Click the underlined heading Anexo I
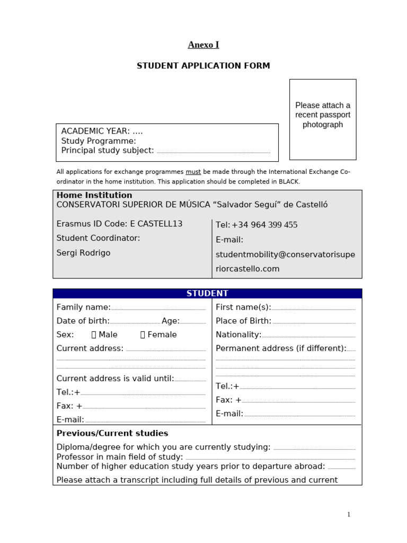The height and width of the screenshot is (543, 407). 203,45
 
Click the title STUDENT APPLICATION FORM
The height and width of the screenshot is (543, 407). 203,66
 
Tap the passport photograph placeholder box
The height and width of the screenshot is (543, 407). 323,119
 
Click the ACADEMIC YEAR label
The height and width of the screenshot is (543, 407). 95,132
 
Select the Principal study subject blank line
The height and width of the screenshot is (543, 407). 213,152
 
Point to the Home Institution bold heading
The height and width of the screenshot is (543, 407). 94,195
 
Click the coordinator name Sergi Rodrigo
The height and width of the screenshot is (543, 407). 83,253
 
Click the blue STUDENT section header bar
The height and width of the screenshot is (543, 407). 207,293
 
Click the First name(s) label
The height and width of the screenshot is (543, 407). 243,307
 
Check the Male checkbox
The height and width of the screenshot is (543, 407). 94,335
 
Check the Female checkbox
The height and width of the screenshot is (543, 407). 143,335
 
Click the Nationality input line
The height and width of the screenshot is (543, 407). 308,336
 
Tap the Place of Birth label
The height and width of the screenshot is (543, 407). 243,321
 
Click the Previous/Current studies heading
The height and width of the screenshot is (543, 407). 112,433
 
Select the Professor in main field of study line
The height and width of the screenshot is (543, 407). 270,459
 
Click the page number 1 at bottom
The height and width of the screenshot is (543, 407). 349,514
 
